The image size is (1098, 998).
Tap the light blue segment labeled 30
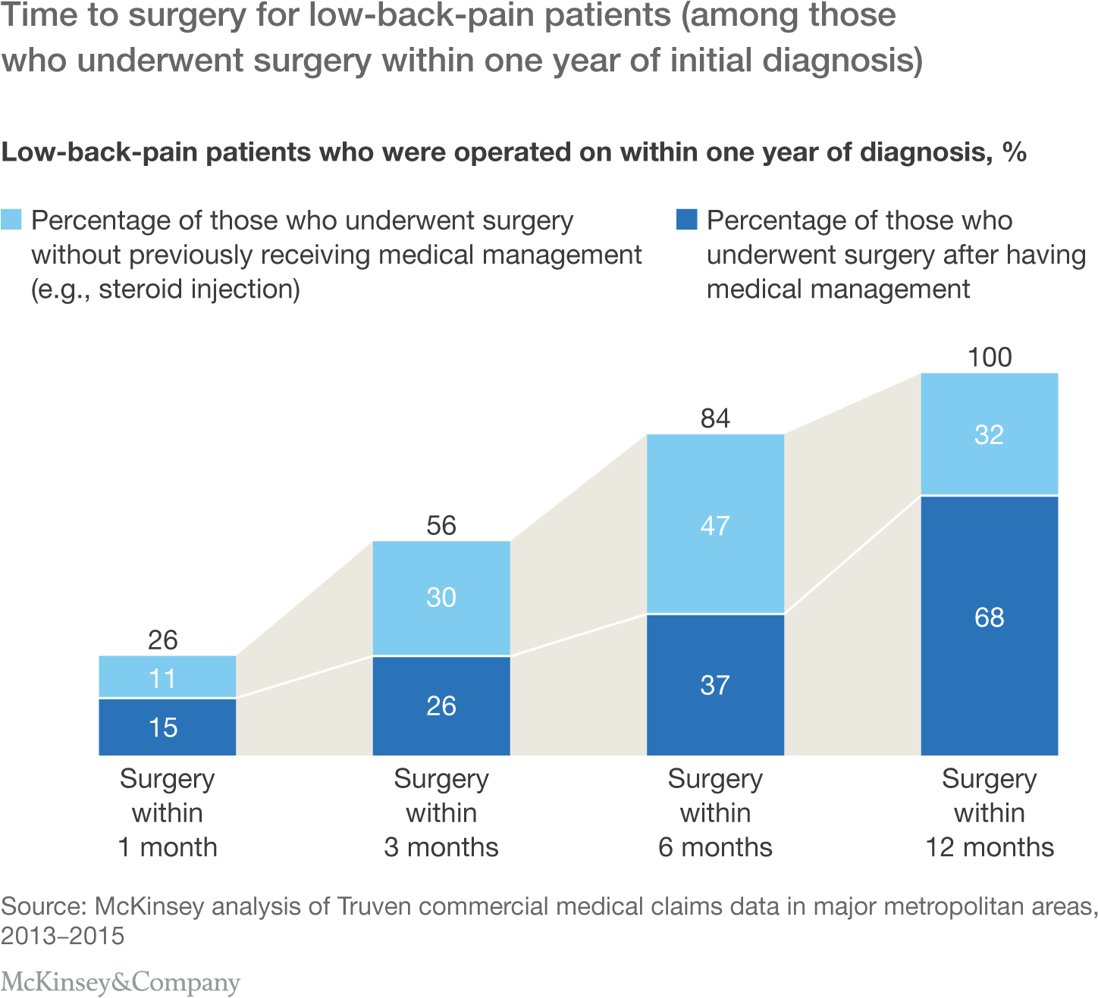[x=441, y=598]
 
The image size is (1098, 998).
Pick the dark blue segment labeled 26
[x=441, y=705]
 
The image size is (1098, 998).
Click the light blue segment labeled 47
[x=714, y=524]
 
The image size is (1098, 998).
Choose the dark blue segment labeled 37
[x=714, y=685]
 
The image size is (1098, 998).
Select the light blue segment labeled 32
[x=989, y=434]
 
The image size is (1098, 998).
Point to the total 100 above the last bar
[x=989, y=357]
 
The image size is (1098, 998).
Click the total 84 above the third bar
[x=714, y=418]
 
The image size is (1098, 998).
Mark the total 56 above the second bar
[x=441, y=525]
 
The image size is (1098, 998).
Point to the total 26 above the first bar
[x=162, y=640]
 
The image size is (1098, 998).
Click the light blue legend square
[x=11, y=220]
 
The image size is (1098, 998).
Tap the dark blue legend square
[x=686, y=220]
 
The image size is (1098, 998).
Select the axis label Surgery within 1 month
[x=167, y=812]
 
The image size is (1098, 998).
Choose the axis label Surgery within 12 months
[x=989, y=812]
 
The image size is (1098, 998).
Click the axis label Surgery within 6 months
[x=714, y=812]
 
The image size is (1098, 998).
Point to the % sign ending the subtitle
[x=1014, y=152]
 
